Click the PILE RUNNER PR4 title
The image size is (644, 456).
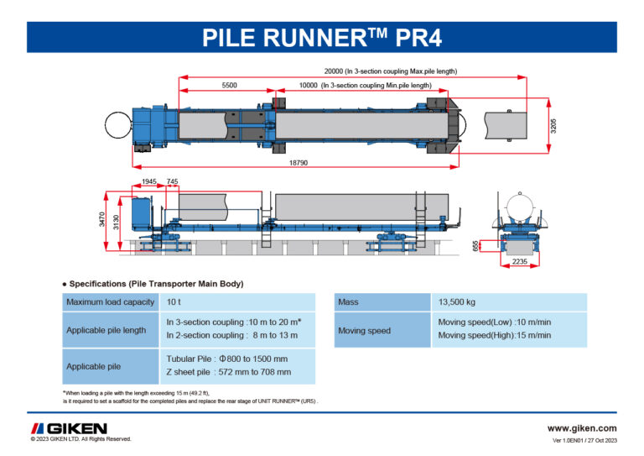click(x=322, y=38)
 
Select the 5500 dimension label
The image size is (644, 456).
click(x=229, y=86)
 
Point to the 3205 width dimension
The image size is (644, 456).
click(x=554, y=125)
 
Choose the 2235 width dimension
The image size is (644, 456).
click(x=521, y=263)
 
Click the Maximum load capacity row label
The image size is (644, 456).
click(x=110, y=301)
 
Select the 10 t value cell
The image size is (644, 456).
click(x=174, y=301)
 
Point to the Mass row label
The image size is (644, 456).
click(x=348, y=301)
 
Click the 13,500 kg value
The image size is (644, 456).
click(x=457, y=301)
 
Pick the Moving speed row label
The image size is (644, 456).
click(x=364, y=330)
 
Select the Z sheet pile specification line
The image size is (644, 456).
click(x=228, y=371)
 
